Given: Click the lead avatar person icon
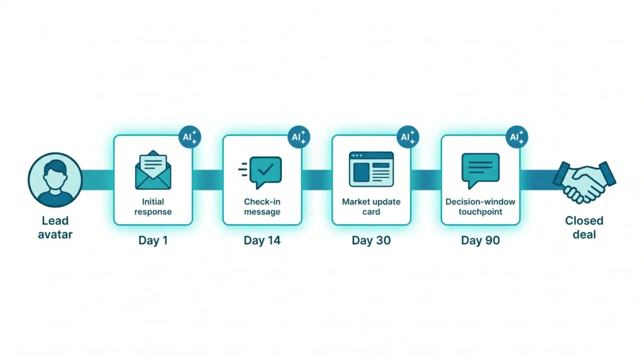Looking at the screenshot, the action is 55,180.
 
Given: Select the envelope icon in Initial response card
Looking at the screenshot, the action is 153,170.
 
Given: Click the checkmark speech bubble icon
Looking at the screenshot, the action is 260,172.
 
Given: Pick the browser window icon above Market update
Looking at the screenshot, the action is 371,169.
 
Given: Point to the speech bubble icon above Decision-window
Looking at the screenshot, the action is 480,171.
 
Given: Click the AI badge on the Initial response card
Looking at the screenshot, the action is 190,137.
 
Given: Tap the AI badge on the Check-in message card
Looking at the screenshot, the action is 299,137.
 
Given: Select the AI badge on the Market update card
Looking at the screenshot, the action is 408,137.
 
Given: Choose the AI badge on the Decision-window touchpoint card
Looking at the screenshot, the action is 517,137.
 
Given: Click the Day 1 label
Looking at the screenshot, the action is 153,240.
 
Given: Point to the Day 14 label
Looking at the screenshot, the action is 262,240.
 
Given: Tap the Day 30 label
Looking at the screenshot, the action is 371,240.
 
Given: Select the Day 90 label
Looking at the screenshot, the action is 480,240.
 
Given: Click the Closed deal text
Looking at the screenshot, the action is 584,228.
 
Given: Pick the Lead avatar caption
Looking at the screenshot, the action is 55,228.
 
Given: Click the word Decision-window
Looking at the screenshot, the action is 480,202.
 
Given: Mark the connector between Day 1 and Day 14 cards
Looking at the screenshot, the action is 208,180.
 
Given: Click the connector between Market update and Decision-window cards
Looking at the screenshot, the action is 426,180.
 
